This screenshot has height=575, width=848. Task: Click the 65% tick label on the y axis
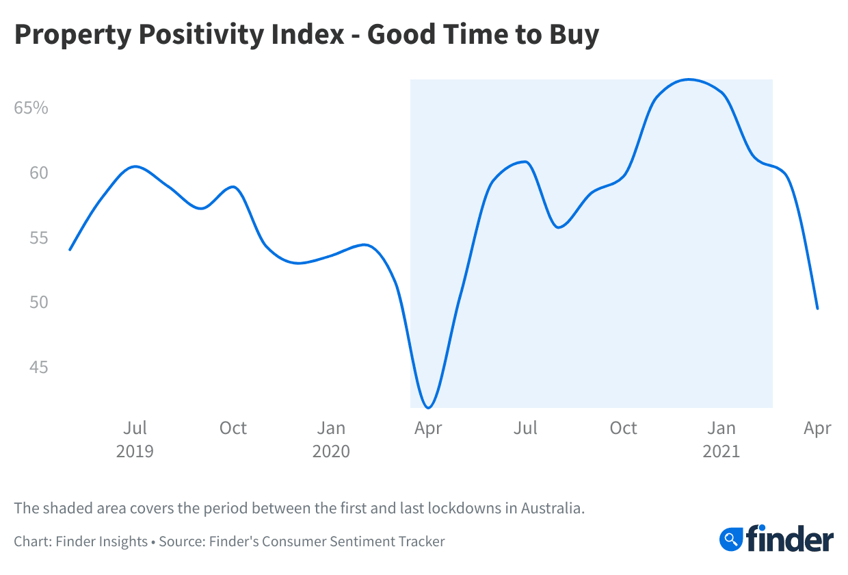click(x=31, y=108)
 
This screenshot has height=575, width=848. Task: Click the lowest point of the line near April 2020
click(x=429, y=408)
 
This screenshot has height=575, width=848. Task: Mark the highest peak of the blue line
click(x=689, y=79)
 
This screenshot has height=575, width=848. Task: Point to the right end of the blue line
click(x=817, y=309)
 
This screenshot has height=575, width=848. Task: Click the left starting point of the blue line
click(x=70, y=250)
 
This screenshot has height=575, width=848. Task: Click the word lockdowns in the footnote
click(x=471, y=509)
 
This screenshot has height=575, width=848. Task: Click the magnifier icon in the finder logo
click(x=732, y=538)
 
